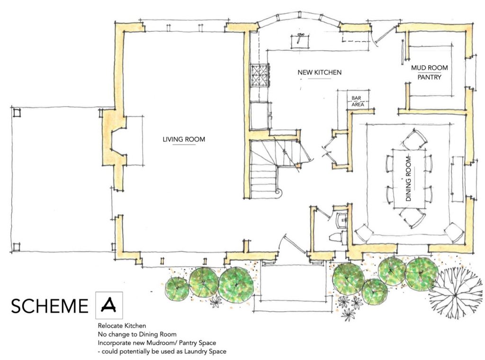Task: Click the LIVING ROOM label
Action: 184,139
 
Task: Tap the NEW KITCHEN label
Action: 320,72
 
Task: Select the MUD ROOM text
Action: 429,68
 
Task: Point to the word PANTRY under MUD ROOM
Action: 429,77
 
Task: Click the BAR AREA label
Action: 357,101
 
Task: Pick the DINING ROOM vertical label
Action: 408,179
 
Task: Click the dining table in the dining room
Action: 409,179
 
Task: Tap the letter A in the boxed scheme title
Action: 108,305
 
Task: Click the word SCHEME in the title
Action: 50,306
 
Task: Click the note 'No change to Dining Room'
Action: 137,334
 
